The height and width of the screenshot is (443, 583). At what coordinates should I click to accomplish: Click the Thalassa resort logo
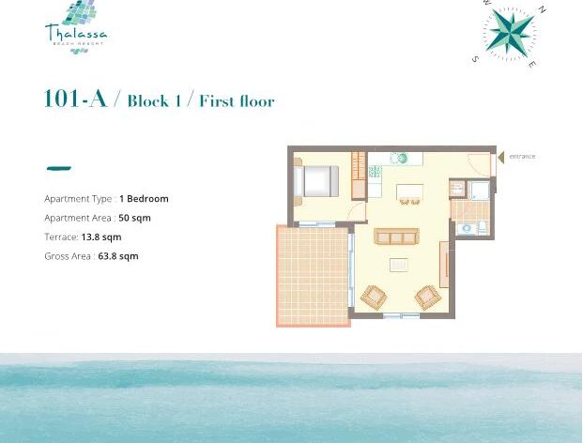coord(76,27)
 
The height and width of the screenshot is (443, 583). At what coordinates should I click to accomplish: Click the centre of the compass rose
coord(510,34)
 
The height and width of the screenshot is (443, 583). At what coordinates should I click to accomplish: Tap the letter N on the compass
coord(542,9)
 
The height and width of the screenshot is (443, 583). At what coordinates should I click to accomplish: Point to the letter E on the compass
coord(532,64)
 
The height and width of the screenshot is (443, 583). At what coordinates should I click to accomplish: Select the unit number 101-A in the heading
coord(75,99)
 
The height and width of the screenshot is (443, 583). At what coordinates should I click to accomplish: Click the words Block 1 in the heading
coord(154,101)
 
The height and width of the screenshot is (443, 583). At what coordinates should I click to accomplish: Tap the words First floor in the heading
coord(237,101)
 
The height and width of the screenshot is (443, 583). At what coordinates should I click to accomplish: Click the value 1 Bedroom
coord(144,199)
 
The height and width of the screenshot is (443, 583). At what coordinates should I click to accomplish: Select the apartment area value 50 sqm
coord(134,218)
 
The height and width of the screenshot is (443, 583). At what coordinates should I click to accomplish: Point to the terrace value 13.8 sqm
coord(101,237)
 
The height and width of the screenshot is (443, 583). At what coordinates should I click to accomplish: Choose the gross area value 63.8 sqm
coord(118,256)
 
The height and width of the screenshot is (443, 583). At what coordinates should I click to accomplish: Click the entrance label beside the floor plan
coord(522,157)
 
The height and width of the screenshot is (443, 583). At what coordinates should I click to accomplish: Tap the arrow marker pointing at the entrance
coord(500,157)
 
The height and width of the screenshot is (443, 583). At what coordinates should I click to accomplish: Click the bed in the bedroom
coord(316,181)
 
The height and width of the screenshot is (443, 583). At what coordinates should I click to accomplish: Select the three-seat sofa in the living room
coord(396,237)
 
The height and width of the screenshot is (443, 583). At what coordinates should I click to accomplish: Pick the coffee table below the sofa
coord(399,265)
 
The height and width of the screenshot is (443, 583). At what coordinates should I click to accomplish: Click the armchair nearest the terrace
coord(374,297)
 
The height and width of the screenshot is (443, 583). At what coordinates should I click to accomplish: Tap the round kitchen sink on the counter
coord(399,159)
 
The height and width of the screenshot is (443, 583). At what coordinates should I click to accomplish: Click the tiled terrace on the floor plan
coord(313,276)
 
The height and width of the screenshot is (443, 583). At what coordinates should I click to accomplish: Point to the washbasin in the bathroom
coord(467,229)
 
